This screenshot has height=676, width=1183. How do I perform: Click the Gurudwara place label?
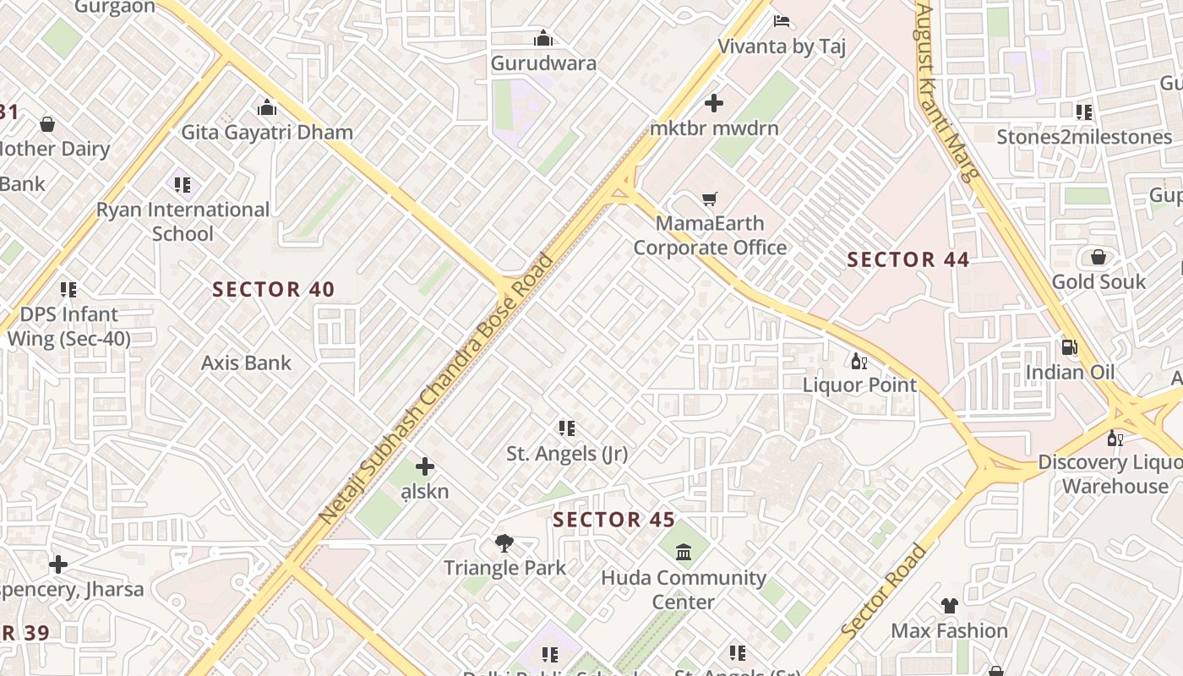[x=543, y=63]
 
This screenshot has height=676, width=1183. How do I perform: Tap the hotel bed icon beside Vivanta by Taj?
[x=782, y=20]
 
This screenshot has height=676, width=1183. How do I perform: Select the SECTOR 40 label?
[x=274, y=290]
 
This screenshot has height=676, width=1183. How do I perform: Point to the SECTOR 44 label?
[x=908, y=259]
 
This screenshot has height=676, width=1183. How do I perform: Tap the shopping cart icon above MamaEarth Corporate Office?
[x=710, y=199]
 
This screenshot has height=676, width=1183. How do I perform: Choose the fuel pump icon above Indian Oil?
[x=1069, y=346]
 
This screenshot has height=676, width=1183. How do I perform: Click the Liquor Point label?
[x=859, y=385]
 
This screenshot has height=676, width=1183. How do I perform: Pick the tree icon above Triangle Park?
[x=504, y=542]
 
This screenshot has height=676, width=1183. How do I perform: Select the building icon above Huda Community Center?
[x=684, y=553]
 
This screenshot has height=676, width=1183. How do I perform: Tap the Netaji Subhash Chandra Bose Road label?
[x=437, y=388]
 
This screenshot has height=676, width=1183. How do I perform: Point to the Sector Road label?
[x=883, y=591]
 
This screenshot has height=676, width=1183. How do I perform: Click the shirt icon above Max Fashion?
[x=950, y=606]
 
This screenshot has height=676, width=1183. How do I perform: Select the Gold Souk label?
[x=1098, y=281]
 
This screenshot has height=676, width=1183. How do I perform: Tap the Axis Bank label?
[x=246, y=363]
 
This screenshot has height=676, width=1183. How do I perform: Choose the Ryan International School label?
[x=183, y=221]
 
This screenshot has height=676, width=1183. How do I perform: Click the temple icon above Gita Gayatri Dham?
[x=267, y=108]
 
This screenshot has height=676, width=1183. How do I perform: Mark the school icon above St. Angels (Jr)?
[x=567, y=429]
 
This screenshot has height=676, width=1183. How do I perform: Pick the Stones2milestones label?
[x=1084, y=137]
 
